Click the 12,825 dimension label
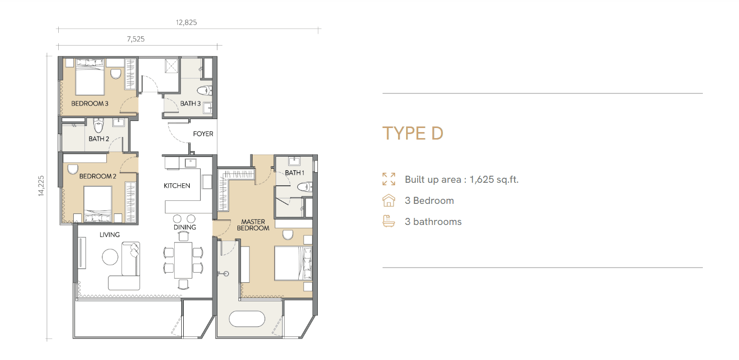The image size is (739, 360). coord(186,23)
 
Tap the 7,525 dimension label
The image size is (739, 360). coord(136,39)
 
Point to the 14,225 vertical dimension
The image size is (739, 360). coord(41,186)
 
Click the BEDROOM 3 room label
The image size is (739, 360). coord(90,103)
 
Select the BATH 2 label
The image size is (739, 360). coord(98,139)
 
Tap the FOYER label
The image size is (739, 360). coord(203,134)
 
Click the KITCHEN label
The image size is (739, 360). coord(177,186)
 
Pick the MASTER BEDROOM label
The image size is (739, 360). coord(253,225)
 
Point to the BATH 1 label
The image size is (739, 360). coord(295,173)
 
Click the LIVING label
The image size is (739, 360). coord(109,234)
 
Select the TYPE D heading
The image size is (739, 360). coord(413,134)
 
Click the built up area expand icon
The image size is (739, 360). coord(389,179)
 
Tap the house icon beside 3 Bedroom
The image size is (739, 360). coord(389,200)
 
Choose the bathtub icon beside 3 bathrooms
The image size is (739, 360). coord(389,221)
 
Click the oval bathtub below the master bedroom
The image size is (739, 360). coord(247,319)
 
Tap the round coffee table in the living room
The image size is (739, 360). coord(110,257)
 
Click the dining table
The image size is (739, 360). coord(183,261)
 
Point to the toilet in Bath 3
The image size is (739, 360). coord(204,90)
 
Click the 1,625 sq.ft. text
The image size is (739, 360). coord(494,180)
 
